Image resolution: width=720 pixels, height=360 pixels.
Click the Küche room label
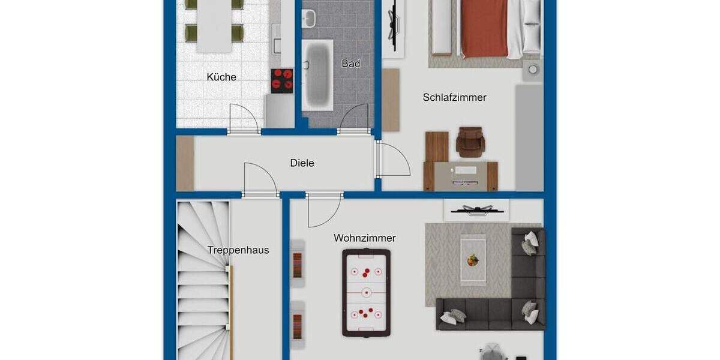click(221, 77)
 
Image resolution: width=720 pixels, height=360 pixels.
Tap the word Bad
click(350, 63)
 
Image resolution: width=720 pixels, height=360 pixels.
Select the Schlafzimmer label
click(454, 97)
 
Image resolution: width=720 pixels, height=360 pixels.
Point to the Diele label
click(302, 163)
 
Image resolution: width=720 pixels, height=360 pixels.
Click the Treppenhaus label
click(238, 250)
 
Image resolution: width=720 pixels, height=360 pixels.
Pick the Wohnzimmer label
click(365, 238)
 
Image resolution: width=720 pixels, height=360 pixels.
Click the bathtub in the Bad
click(317, 75)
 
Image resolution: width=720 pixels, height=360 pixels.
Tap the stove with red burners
click(282, 80)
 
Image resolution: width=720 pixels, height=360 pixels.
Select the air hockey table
click(366, 292)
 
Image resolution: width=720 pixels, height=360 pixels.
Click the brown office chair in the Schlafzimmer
click(469, 142)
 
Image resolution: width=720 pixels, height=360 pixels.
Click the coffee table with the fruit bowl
click(473, 259)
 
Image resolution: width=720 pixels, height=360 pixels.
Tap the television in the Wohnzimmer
click(476, 210)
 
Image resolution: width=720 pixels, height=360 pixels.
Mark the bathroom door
click(355, 118)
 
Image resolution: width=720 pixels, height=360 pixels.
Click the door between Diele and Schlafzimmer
click(393, 159)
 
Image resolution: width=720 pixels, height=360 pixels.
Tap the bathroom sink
click(308, 19)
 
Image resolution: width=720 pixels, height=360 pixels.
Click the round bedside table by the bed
click(532, 69)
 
